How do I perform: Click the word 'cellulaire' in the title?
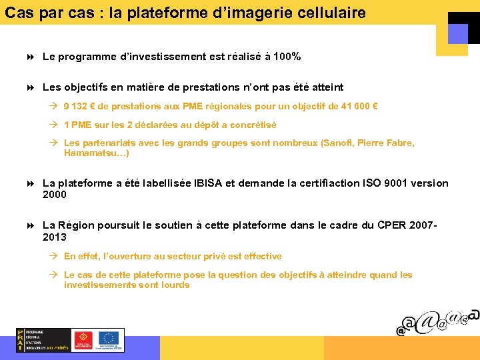tap(333, 13)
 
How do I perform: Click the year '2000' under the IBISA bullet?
tap(55, 195)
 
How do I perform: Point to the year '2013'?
tap(55, 237)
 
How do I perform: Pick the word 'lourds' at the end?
tap(175, 285)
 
